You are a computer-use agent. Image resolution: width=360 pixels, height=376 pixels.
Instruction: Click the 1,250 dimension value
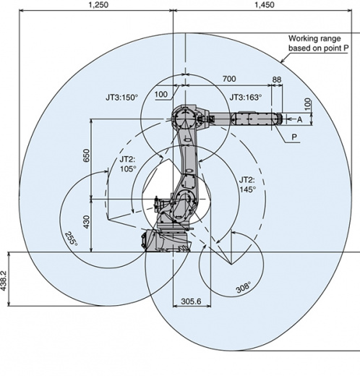point(98,4)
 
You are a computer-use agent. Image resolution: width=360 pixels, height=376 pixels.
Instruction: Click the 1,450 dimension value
point(265,4)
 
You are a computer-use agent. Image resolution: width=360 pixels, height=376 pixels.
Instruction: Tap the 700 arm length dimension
point(229,79)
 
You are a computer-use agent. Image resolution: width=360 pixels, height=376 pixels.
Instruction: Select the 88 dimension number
point(277,80)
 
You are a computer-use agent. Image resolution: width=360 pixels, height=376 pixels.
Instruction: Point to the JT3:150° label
point(121,98)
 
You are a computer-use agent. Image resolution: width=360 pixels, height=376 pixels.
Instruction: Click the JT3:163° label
point(246,98)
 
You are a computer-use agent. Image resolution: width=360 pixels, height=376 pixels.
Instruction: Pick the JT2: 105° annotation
point(128,164)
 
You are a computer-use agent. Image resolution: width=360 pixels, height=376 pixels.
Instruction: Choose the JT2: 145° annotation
point(247,184)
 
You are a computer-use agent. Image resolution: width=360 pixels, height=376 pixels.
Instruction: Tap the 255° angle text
point(72,239)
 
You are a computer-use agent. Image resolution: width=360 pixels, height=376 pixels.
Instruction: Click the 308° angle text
point(244,287)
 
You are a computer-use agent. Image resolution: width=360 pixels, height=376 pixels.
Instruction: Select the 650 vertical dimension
point(86,155)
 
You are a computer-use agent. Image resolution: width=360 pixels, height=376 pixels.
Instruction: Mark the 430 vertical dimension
point(86,222)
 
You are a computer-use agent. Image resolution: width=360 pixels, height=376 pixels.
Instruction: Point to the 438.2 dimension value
point(4,281)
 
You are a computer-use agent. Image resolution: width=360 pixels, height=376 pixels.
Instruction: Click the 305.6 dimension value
point(191,301)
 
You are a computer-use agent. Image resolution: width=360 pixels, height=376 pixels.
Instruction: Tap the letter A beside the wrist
point(299,119)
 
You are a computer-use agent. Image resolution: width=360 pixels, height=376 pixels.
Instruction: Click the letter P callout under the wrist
point(294,137)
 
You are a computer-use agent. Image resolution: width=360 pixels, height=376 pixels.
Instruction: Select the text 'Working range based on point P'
point(318,43)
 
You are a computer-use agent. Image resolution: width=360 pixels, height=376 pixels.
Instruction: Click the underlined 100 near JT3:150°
point(160,94)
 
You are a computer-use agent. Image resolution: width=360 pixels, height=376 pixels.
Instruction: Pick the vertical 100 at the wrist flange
point(308,104)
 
